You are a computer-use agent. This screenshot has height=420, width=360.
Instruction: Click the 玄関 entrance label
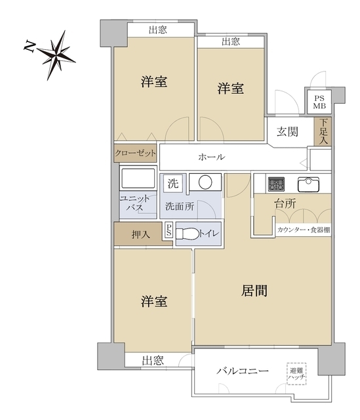pos(287,131)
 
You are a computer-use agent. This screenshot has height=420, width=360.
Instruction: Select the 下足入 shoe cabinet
pos(322,131)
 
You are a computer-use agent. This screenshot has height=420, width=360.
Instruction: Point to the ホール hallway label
pos(212,157)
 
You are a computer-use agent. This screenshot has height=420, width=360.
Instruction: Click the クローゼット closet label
pos(136,153)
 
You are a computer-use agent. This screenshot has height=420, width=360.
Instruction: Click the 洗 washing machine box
pos(172,182)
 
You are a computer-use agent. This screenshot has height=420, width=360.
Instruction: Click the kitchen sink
pos(308,183)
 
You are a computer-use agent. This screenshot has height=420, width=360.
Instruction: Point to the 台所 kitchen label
pos(285,204)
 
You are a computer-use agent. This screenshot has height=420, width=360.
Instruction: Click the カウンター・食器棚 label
pos(303,230)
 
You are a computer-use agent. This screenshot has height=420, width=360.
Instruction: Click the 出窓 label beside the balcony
pos(153,360)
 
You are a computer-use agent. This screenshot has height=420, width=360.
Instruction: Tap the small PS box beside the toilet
pos(169,230)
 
